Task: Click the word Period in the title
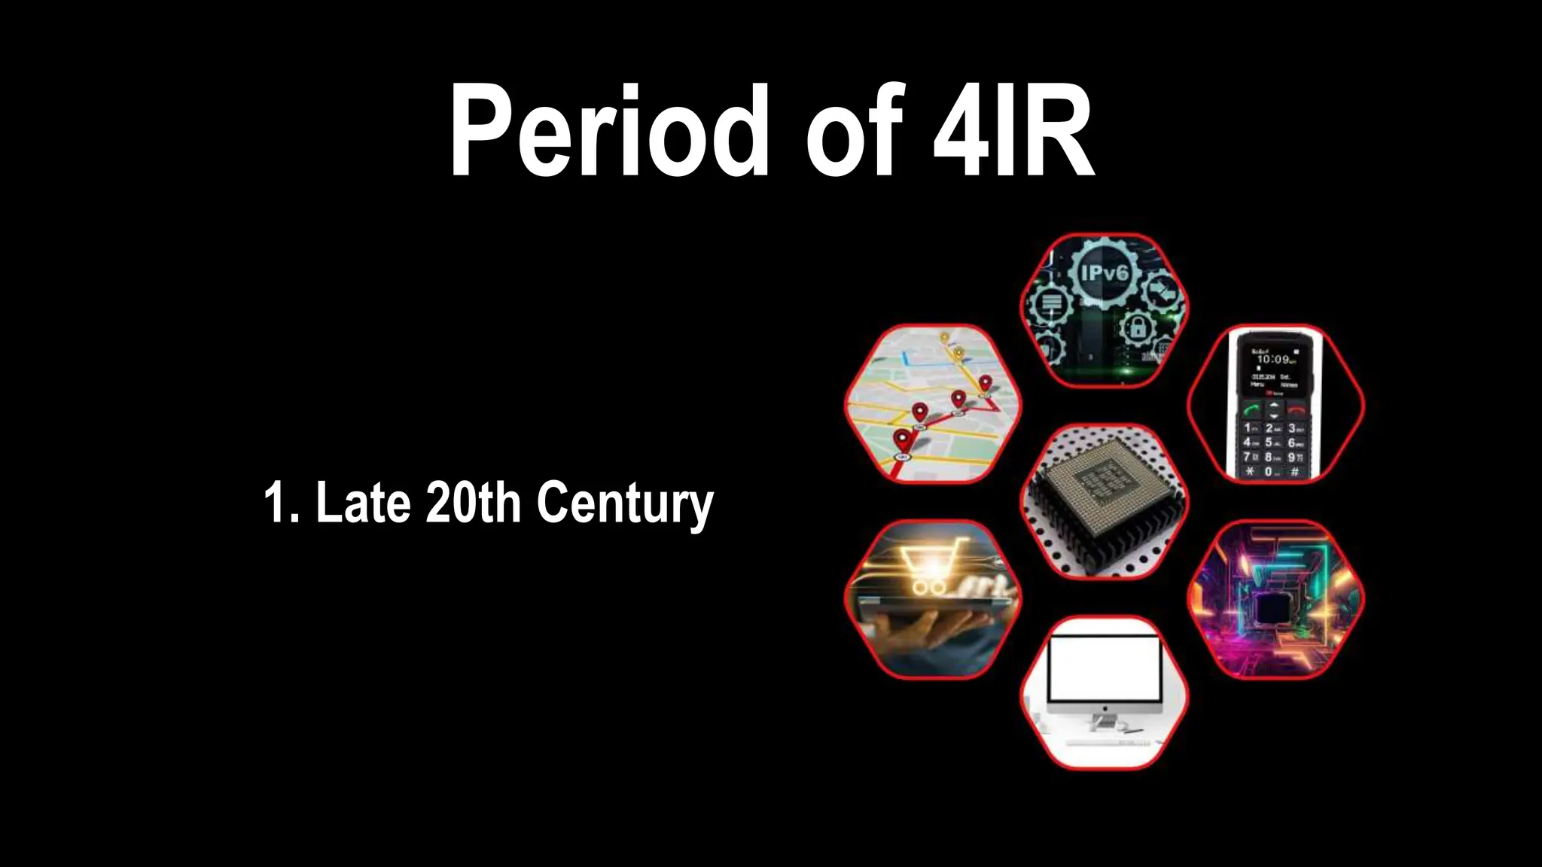point(610,132)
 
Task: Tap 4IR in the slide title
point(1013,132)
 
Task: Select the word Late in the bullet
point(363,502)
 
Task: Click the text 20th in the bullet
point(473,502)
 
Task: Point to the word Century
point(625,504)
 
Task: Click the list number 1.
point(276,502)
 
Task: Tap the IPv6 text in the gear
point(1105,272)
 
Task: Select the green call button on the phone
point(1251,410)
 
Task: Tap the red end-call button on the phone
point(1296,410)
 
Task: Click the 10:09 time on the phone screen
point(1272,360)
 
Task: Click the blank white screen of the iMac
point(1105,670)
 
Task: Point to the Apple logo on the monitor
point(1105,709)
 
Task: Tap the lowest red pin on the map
point(901,439)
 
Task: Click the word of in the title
point(855,132)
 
